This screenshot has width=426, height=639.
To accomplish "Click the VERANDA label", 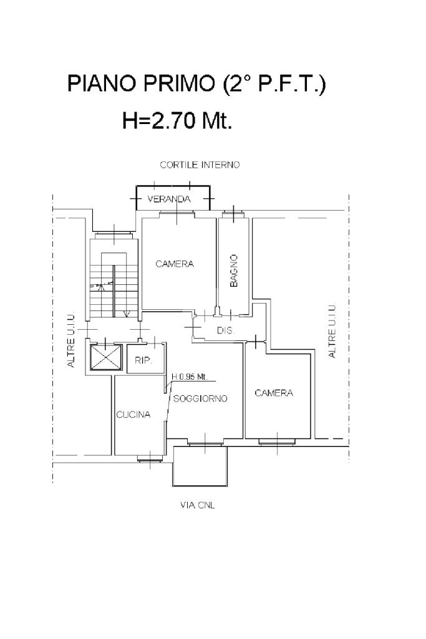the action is click(169, 199).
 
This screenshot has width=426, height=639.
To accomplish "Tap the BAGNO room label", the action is click(234, 271).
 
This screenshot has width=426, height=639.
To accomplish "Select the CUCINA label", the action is click(133, 415).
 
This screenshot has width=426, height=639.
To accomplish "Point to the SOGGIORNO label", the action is click(200, 398).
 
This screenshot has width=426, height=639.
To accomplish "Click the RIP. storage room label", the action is click(143, 361).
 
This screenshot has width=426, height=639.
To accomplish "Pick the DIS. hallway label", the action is click(226, 330).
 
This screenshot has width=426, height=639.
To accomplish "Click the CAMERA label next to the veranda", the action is click(175, 264).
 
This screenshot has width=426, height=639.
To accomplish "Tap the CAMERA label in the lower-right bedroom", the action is click(274, 393).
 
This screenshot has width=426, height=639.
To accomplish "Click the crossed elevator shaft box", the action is click(106, 357).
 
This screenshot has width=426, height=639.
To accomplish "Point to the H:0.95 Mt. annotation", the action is click(190, 377).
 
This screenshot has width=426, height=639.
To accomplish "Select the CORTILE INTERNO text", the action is click(200, 165).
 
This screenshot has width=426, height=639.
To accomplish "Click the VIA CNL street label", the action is click(197, 506).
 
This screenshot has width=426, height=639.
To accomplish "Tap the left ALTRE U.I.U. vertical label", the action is click(71, 340).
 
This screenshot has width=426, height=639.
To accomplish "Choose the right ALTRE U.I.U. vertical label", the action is click(332, 331).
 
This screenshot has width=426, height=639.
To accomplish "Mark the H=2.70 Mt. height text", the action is click(178, 120).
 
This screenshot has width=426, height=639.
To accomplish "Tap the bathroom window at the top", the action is click(233, 214).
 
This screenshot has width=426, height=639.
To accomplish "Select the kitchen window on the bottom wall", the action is click(150, 458).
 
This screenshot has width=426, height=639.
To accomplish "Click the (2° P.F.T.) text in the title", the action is click(274, 84).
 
